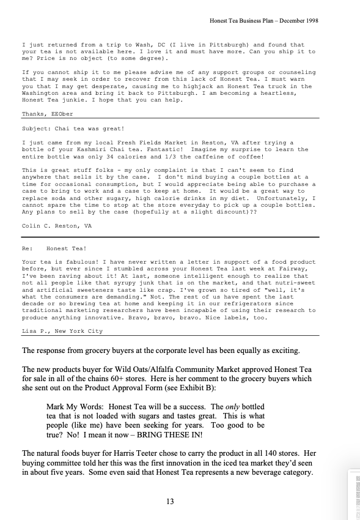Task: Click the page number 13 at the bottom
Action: click(170, 502)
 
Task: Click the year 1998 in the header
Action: click(309, 20)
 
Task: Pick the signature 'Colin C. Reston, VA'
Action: click(57, 226)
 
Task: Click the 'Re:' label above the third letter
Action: click(26, 248)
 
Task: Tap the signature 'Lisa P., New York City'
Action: click(62, 331)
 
